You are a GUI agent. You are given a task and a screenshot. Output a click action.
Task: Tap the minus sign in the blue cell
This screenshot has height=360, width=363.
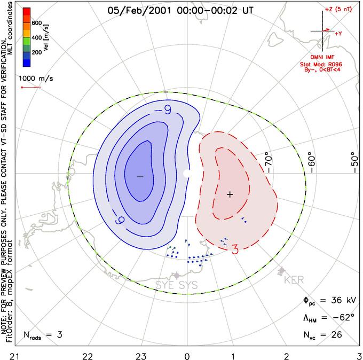tap(140, 176)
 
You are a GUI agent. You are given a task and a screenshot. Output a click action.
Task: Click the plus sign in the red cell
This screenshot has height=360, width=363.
tap(230, 194)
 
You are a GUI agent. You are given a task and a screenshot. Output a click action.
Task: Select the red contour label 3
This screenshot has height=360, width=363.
tap(234, 249)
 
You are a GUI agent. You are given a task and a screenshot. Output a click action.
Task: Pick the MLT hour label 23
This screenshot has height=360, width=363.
tap(140, 355)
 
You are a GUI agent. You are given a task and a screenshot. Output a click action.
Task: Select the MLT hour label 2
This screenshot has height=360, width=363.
tap(286, 355)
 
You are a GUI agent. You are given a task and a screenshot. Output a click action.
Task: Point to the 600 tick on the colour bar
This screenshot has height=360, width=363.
tap(36, 23)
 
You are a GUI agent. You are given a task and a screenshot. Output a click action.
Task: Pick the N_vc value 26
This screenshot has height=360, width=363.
tap(336, 335)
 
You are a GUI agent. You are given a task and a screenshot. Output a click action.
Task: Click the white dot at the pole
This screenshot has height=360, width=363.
tap(186, 174)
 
